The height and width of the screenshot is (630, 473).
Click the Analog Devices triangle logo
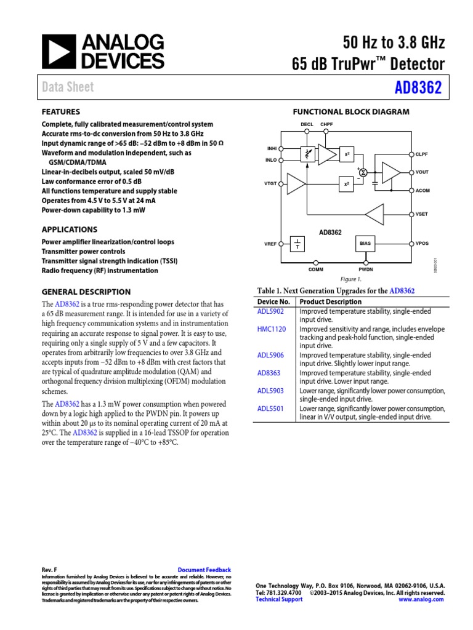point(58,51)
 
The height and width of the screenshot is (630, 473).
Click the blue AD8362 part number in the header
point(418,87)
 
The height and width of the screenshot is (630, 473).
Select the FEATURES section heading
point(60,112)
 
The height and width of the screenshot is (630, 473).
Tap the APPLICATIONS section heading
point(69,229)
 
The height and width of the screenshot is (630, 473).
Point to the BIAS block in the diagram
point(365,244)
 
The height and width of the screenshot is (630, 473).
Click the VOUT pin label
point(422,172)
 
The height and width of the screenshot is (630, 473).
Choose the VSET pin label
point(422,214)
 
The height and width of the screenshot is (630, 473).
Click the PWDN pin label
point(366,269)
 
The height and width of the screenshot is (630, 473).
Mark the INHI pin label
point(272,148)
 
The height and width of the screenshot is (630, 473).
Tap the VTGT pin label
point(271,184)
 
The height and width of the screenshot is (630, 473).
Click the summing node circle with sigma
point(363,172)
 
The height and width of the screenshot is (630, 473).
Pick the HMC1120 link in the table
point(272,329)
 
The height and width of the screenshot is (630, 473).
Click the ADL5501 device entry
point(270,409)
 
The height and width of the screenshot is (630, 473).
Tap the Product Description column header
point(331,301)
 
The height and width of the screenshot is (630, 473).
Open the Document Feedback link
point(204,570)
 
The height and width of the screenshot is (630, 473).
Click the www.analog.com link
point(421,599)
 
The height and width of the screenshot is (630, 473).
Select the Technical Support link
point(279,599)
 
